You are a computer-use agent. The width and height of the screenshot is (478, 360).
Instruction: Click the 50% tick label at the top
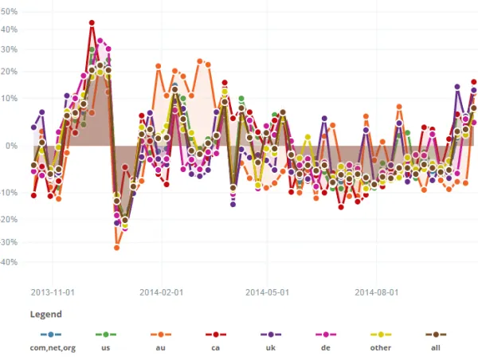point(10,13)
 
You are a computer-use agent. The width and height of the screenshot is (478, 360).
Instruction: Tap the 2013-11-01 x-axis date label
point(53,292)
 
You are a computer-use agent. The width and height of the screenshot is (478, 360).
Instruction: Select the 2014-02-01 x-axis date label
point(161,292)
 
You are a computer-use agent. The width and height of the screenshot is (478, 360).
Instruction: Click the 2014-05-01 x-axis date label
point(268,292)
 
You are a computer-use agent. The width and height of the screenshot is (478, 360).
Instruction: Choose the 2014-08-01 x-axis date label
point(376,292)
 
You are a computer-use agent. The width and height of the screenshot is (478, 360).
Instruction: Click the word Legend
point(45,315)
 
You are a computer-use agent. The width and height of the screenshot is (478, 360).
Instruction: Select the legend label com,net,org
point(53,347)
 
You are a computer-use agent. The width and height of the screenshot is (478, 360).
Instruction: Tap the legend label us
point(105,347)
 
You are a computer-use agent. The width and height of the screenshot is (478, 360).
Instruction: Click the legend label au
point(161,347)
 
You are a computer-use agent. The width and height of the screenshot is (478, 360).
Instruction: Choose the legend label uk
point(269,347)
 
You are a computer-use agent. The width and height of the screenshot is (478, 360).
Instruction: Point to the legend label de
point(324,347)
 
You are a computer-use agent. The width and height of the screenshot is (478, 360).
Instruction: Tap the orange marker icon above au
point(161,335)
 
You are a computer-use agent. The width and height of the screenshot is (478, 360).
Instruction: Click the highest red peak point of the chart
point(92,23)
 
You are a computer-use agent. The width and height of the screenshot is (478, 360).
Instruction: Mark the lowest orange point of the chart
point(116,248)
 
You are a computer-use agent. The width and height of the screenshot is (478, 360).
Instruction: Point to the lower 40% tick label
point(10,261)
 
